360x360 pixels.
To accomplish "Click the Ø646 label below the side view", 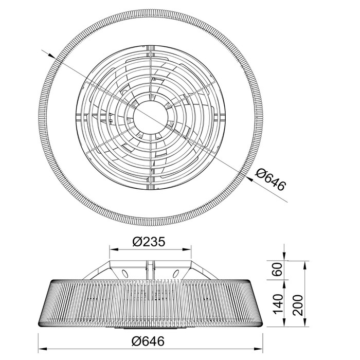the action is (148, 341).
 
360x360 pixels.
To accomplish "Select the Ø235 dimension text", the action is (149, 242).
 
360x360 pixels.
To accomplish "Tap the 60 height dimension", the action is (277, 270).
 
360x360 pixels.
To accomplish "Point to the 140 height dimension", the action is (277, 304).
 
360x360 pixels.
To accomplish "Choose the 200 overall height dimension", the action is (298, 305).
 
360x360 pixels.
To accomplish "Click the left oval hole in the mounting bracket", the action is (125, 274).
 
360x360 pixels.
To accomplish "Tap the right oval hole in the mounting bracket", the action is (176, 274).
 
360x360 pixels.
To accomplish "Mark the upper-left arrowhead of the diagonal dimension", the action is (51, 55).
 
